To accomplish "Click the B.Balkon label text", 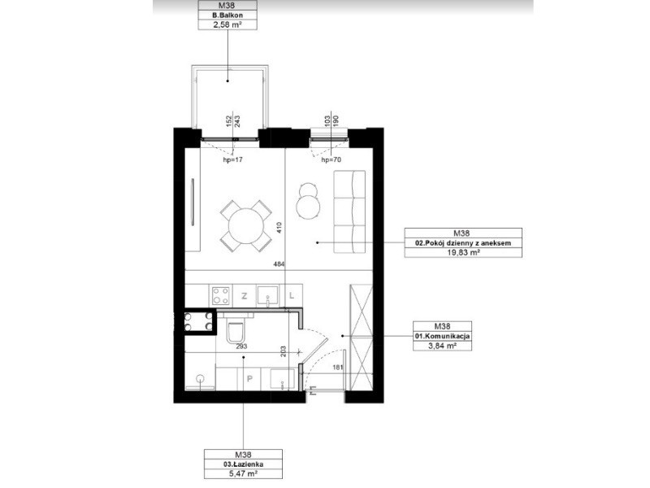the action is tap(227, 15).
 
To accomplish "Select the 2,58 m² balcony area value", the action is tap(227, 24).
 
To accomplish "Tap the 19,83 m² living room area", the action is tap(463, 252).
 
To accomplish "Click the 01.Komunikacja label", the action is tap(442, 336).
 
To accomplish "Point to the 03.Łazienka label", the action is tap(243, 464).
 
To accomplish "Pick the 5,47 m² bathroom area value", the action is tap(243, 473).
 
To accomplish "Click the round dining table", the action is tap(246, 227).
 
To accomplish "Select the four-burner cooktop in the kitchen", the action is tap(220, 296).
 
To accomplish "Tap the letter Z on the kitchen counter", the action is tap(245, 296).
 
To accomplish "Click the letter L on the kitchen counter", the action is tap(292, 296).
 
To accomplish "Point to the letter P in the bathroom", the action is tap(249, 378).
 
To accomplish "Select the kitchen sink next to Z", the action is tap(268, 295).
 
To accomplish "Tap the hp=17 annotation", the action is tap(232, 159).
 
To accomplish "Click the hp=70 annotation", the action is tap(331, 159).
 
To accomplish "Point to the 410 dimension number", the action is tap(279, 228).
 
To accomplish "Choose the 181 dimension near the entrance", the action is tap(338, 367).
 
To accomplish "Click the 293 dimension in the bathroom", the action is tap(241, 346).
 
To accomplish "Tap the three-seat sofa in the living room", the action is tap(349, 211).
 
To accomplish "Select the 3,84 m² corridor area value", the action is tap(442, 345).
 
